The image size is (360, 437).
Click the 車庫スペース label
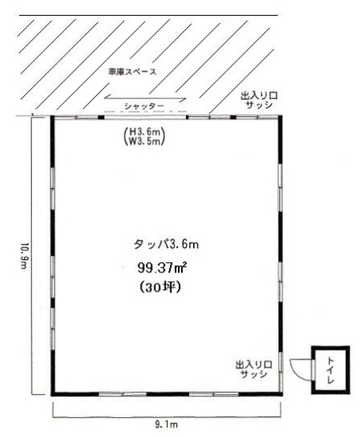[133, 72]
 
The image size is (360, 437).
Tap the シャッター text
[144, 106]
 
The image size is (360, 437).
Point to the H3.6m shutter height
[145, 131]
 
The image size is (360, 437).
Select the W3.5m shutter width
[145, 141]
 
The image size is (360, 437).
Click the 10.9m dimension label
[25, 256]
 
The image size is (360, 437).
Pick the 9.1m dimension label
[166, 424]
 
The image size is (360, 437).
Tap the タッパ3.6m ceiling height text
[166, 244]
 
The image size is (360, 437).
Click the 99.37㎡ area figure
[162, 268]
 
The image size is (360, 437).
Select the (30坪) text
[160, 287]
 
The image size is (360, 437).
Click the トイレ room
[331, 369]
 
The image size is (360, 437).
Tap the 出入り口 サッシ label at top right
[259, 101]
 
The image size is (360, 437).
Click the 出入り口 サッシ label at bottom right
[254, 369]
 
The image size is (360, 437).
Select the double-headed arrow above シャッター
[145, 98]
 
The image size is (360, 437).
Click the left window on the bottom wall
[123, 394]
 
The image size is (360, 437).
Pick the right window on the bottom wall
[214, 394]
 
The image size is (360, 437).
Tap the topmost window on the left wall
[52, 188]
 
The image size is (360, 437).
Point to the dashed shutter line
[145, 111]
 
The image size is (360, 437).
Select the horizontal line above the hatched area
[149, 15]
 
